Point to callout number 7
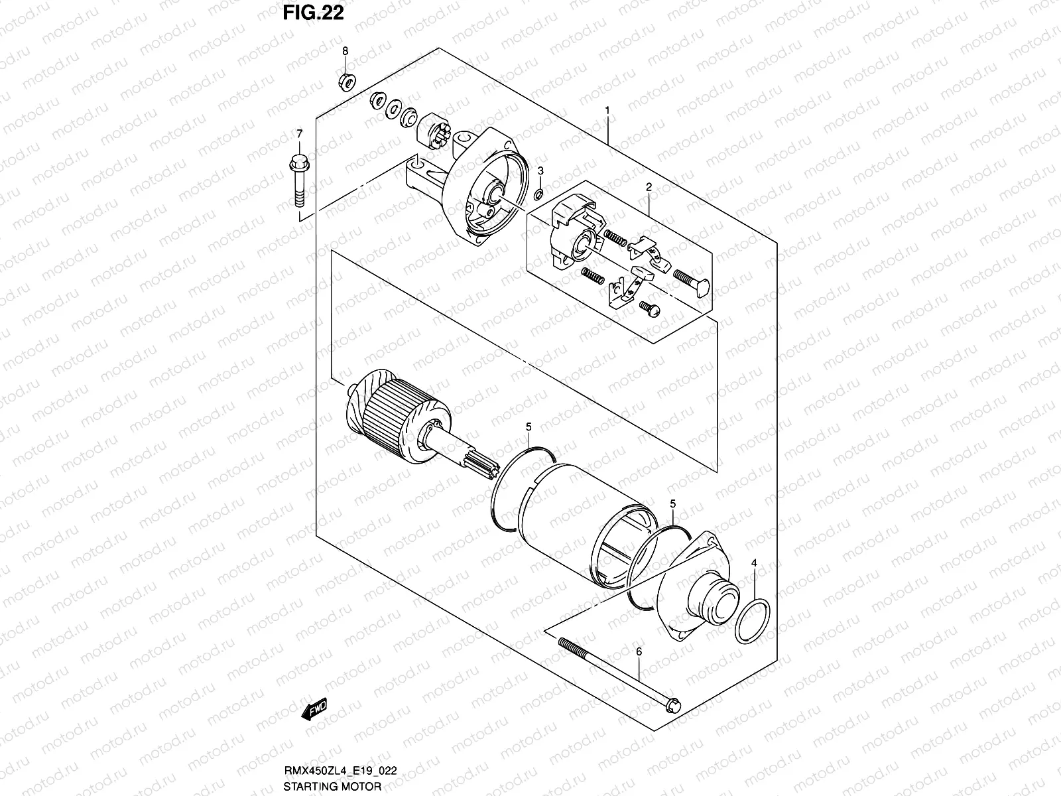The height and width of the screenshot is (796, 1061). tap(298, 134)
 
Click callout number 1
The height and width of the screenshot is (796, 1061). tap(607, 109)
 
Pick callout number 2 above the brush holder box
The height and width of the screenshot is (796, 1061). tap(649, 188)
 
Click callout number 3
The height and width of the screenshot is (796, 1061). tap(540, 171)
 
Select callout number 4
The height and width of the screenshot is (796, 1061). tap(754, 563)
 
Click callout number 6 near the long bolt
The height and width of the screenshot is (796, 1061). tap(639, 652)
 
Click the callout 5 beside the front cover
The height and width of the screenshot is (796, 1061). tap(672, 503)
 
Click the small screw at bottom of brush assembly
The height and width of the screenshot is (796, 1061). tap(647, 308)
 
